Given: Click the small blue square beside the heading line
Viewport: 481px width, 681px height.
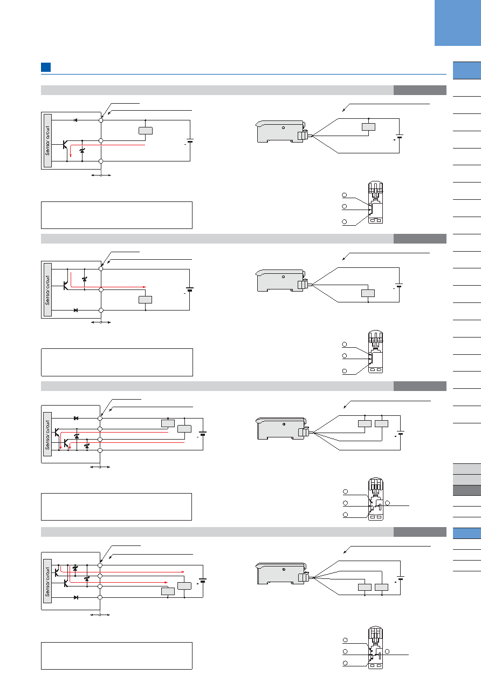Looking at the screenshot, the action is coord(46,67).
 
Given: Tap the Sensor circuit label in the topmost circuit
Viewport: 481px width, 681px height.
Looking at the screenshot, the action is coord(47,141).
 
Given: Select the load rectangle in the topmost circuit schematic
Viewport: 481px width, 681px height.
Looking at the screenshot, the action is coord(146,131).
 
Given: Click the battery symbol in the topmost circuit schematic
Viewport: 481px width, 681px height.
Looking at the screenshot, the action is coord(190,141).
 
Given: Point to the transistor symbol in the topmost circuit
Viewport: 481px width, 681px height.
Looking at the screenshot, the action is coord(65,145).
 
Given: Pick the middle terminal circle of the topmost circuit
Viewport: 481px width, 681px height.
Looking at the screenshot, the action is coord(101,141).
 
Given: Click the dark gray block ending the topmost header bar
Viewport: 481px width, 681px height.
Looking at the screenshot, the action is coord(420,90).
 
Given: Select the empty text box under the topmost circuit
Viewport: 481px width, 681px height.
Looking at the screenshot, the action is coord(116,215).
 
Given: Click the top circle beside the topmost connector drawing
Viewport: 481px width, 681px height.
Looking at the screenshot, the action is coord(345,195).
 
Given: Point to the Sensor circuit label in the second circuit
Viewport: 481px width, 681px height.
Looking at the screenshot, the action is coord(47,290).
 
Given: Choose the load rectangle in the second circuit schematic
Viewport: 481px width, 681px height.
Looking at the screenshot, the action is coord(146,300).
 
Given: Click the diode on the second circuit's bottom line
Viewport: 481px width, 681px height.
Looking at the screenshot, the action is coord(75,310).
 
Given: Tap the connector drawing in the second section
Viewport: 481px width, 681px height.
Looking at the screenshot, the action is coord(375,352).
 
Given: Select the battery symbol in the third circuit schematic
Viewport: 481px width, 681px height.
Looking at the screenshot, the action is coord(202,434).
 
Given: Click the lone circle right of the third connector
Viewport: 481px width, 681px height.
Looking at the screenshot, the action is coord(388,503).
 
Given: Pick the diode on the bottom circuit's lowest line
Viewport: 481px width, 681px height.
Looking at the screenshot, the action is coord(76,597).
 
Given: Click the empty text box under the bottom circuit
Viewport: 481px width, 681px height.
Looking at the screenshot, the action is coord(116,656).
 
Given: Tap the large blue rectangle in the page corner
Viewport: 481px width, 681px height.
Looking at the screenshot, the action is coord(458,23).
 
